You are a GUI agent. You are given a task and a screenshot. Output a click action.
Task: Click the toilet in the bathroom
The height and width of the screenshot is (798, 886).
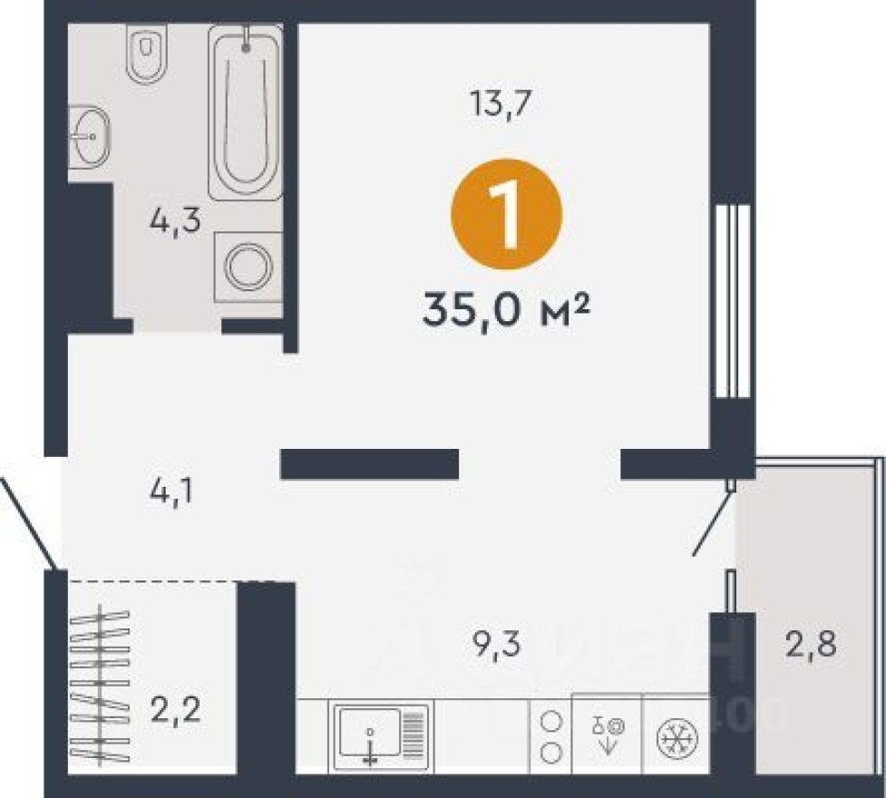pos(146,54)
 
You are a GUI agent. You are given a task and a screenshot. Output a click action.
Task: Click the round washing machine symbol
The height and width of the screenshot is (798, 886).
pos(248,267)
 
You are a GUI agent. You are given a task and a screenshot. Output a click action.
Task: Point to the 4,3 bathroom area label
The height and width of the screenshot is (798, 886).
pos(175,221)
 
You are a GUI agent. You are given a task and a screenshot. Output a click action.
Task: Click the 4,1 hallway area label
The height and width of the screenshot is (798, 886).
pos(173,495)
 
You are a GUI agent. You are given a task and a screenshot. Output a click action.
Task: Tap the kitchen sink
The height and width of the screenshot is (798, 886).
pos(379,734)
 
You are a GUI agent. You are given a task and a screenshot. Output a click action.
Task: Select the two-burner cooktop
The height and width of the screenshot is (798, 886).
pos(550,735)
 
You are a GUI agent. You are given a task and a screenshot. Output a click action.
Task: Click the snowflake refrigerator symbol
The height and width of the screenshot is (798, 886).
pos(674,735)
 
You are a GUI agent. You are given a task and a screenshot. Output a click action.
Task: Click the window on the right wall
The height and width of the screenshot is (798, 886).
pos(731,301)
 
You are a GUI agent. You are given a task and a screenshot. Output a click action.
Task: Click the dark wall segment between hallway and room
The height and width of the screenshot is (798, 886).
pos(369,463)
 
